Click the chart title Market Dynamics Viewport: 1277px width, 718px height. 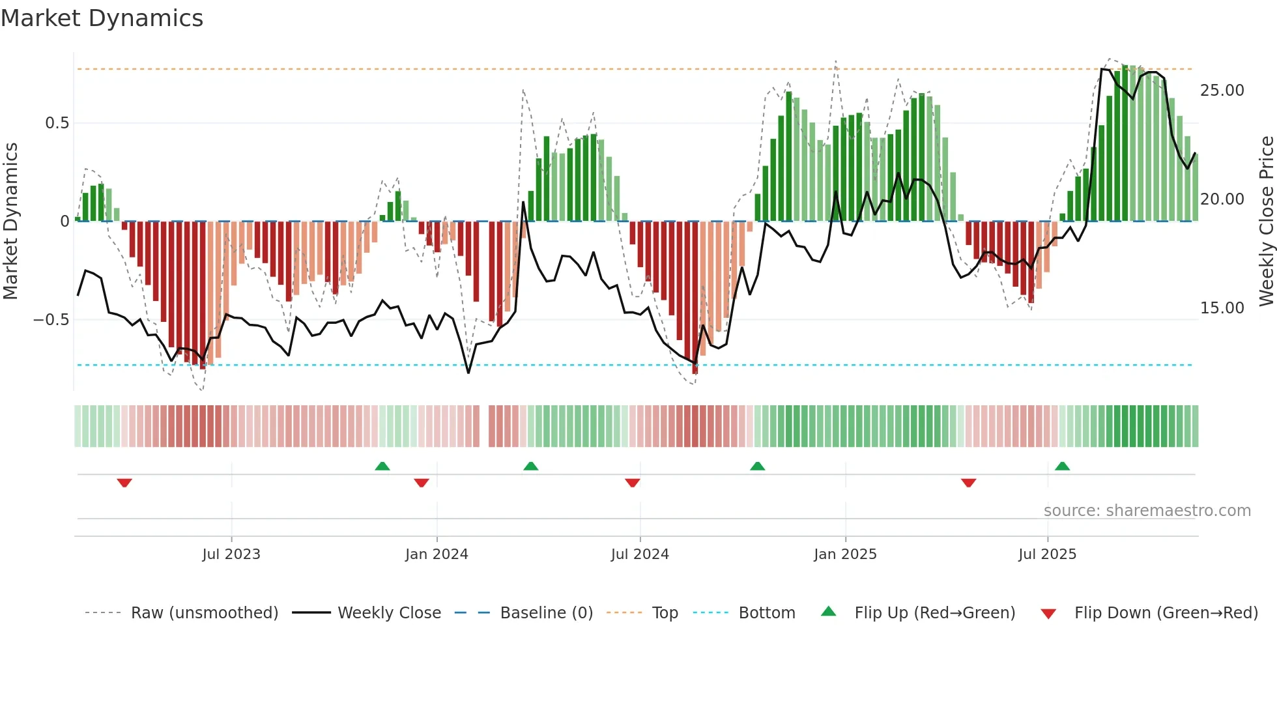click(102, 18)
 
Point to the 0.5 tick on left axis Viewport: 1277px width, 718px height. click(57, 123)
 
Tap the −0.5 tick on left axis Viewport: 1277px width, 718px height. click(51, 320)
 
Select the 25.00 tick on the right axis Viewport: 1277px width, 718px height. click(1222, 91)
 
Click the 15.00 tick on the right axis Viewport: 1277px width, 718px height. click(1222, 308)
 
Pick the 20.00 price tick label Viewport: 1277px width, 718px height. click(1222, 199)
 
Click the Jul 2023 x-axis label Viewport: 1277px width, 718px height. click(231, 554)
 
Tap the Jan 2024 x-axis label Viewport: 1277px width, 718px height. click(436, 554)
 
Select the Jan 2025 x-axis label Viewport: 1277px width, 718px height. click(845, 554)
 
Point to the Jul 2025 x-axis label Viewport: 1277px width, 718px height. click(1047, 554)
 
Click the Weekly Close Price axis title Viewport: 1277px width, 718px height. click(1266, 221)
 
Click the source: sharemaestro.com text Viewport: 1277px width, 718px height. click(1147, 511)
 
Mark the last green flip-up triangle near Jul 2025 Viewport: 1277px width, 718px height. click(1062, 466)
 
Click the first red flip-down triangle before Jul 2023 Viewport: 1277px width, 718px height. click(124, 483)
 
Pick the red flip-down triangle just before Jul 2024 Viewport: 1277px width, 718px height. click(632, 483)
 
